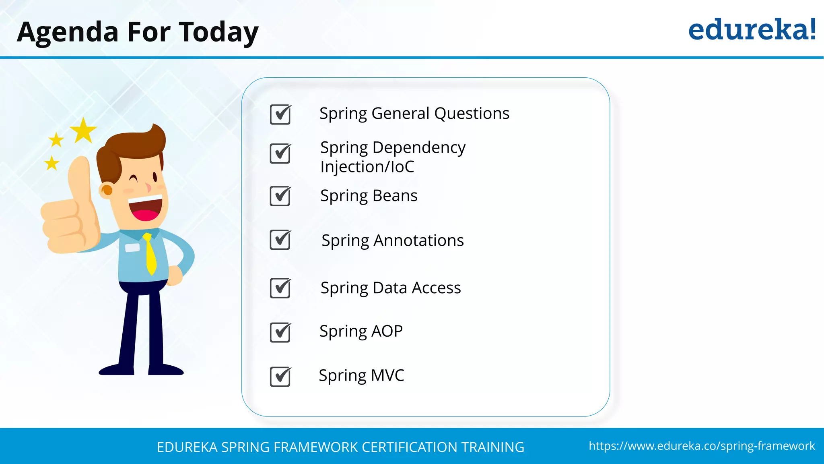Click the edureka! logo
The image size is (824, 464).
pyautogui.click(x=752, y=30)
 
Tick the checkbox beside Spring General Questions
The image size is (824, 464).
pyautogui.click(x=280, y=114)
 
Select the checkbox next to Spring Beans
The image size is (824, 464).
pyautogui.click(x=280, y=196)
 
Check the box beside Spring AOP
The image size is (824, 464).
pyautogui.click(x=280, y=332)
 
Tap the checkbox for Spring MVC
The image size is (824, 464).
pyautogui.click(x=280, y=377)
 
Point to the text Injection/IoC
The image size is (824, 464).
pyautogui.click(x=367, y=167)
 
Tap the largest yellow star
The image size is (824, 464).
pyautogui.click(x=83, y=131)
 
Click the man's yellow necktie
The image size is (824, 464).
pyautogui.click(x=150, y=254)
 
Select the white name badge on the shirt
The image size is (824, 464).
pyautogui.click(x=132, y=247)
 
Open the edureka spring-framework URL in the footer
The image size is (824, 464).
pyautogui.click(x=702, y=446)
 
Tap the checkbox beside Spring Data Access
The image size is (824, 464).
pyautogui.click(x=280, y=288)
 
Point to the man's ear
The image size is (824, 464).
pyautogui.click(x=107, y=190)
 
